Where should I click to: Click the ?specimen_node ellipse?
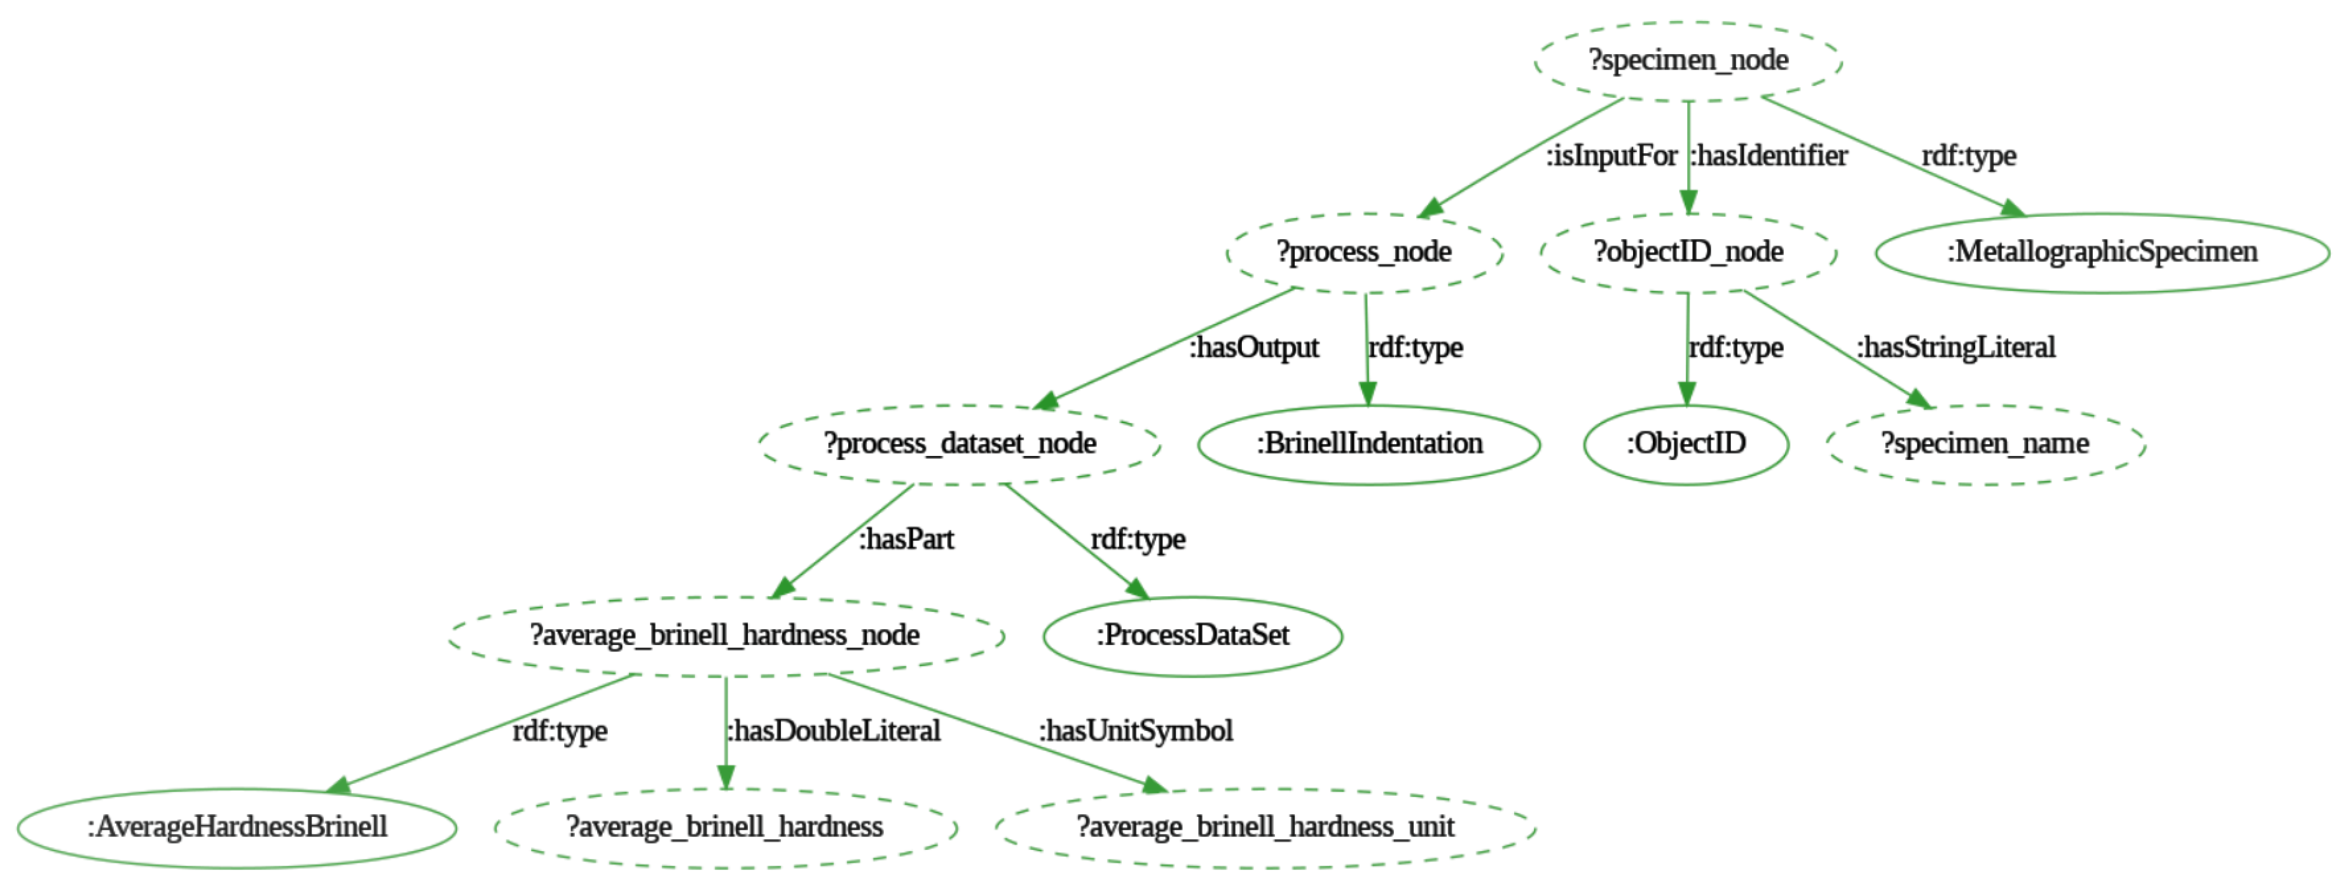click(1688, 60)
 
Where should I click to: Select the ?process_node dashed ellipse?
click(1363, 252)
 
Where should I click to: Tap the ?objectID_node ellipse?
click(1688, 252)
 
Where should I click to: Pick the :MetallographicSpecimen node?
click(2101, 252)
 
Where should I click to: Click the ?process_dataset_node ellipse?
click(959, 443)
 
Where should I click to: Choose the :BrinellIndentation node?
click(1368, 443)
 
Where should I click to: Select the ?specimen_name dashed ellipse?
click(1984, 443)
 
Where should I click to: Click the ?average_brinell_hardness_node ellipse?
click(726, 636)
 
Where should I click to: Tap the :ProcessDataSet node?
click(1192, 636)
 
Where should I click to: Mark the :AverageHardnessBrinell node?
click(237, 827)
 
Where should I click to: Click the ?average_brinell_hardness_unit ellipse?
click(1265, 827)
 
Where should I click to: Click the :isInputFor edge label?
click(1611, 156)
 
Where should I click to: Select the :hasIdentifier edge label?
click(1768, 156)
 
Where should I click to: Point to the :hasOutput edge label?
click(1254, 348)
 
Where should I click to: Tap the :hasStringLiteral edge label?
click(1956, 348)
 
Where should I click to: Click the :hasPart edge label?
click(906, 539)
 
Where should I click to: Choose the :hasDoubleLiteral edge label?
click(833, 731)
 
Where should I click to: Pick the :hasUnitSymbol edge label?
click(1135, 731)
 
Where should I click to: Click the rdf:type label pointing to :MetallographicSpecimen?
click(1969, 156)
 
